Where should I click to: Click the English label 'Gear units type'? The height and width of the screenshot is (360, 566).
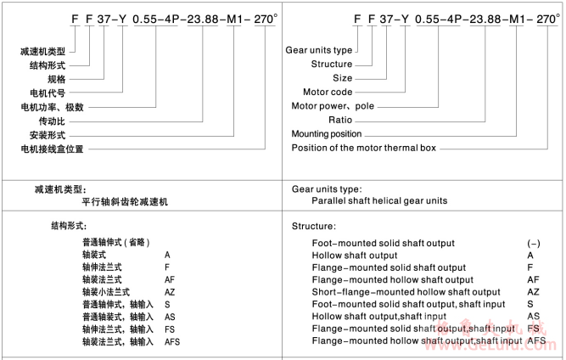(x=319, y=50)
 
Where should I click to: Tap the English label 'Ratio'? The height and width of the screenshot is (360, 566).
(x=340, y=120)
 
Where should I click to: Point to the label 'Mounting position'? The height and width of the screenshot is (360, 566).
(x=327, y=133)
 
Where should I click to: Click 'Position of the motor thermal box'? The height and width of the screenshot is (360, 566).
(x=363, y=148)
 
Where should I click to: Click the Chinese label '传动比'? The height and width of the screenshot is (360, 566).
(x=42, y=120)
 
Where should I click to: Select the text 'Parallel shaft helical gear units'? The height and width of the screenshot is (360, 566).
(x=379, y=201)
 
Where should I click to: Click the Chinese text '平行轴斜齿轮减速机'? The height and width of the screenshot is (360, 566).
(x=126, y=202)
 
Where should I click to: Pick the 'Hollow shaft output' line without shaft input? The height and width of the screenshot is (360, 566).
(x=354, y=255)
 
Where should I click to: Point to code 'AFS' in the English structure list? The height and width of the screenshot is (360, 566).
(x=536, y=340)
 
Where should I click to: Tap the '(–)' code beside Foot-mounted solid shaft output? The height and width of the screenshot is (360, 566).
(x=534, y=243)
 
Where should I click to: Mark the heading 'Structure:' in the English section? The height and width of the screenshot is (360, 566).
(x=314, y=227)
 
